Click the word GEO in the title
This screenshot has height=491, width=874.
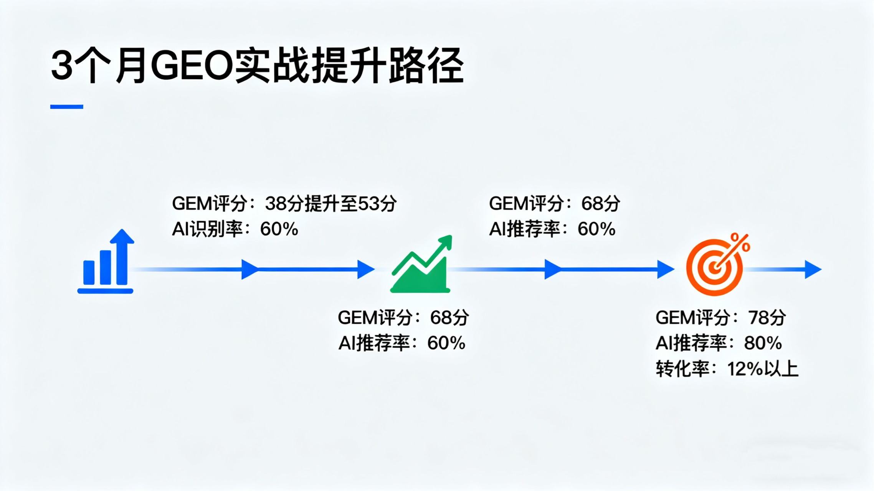(x=192, y=66)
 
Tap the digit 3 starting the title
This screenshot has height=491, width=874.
(x=62, y=66)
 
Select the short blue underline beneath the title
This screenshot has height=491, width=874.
(x=67, y=107)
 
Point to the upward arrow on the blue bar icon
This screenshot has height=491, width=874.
(x=122, y=239)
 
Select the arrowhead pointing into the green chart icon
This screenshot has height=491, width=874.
(x=365, y=269)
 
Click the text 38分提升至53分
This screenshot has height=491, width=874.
(x=330, y=204)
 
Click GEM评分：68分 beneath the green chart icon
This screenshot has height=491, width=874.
(x=403, y=318)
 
